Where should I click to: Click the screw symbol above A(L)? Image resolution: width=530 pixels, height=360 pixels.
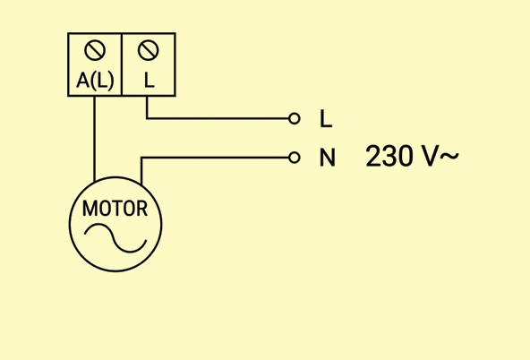click(x=95, y=51)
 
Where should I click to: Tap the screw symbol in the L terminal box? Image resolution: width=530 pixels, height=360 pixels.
click(x=148, y=51)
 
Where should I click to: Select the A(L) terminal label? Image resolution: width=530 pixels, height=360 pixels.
click(x=95, y=81)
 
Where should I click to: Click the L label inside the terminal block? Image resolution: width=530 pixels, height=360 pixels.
click(x=149, y=81)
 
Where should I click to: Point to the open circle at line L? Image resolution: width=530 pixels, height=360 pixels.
click(x=295, y=118)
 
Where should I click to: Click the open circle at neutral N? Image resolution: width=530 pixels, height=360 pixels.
click(x=295, y=158)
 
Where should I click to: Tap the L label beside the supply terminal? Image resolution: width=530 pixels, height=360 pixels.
click(x=326, y=119)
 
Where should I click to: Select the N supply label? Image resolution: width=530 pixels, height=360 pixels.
click(x=327, y=158)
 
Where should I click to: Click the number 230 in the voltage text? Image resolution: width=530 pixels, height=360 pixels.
click(x=389, y=156)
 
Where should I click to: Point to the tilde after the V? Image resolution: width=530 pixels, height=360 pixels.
click(x=449, y=156)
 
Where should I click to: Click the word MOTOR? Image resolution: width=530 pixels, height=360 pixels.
click(x=115, y=209)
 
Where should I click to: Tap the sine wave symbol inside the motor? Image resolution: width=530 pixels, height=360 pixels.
click(x=115, y=238)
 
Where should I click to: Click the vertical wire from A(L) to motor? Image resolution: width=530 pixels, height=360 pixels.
click(x=94, y=139)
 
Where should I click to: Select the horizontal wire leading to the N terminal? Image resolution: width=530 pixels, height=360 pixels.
click(x=215, y=158)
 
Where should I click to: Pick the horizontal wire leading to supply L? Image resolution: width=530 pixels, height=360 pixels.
click(x=218, y=118)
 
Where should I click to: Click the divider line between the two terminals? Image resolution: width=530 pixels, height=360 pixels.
click(x=122, y=64)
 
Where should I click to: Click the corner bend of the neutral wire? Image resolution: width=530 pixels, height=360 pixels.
click(x=141, y=158)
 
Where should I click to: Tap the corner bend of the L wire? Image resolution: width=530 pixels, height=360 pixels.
click(x=147, y=118)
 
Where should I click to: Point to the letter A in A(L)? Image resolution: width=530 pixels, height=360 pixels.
click(x=82, y=81)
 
